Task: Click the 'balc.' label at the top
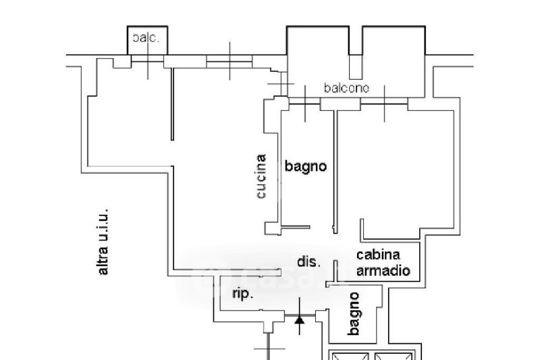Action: click(x=146, y=38)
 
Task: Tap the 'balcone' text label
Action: click(x=346, y=88)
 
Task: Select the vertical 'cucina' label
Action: click(x=261, y=177)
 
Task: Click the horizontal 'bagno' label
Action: click(x=305, y=165)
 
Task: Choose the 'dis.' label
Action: click(x=308, y=261)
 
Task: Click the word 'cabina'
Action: click(x=378, y=255)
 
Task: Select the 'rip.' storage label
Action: click(x=242, y=294)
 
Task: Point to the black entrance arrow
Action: click(x=300, y=319)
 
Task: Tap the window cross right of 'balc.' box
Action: click(x=230, y=62)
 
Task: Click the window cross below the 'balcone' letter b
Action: click(x=307, y=103)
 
